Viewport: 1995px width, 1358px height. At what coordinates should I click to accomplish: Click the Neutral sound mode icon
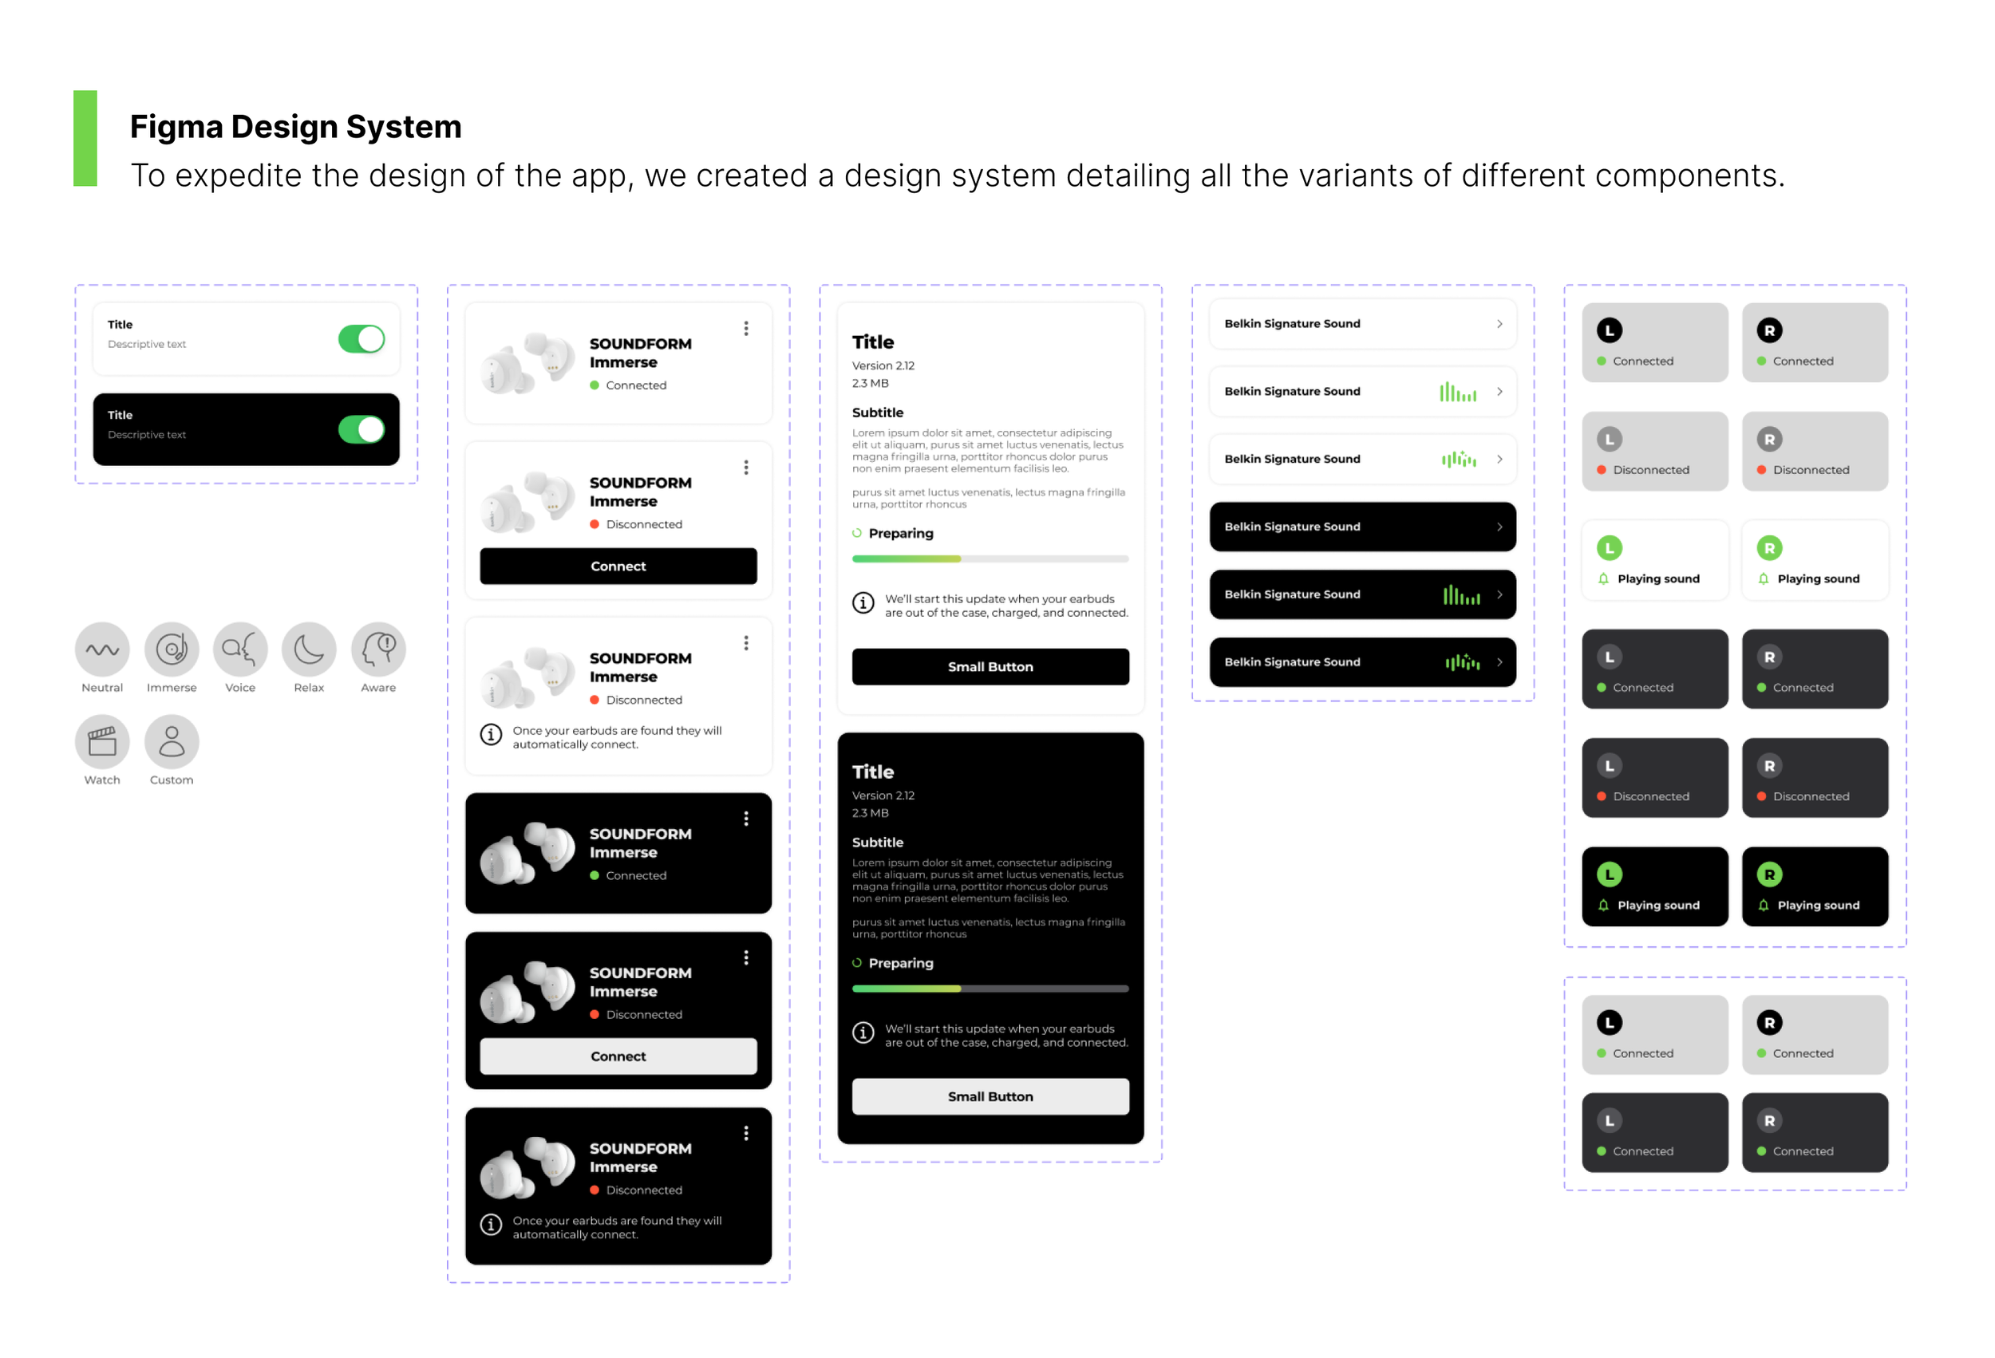tap(102, 649)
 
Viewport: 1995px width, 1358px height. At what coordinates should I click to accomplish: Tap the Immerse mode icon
tap(172, 649)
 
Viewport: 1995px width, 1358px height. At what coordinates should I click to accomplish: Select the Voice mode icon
tap(240, 649)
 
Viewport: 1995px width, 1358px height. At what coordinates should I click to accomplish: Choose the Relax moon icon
tap(309, 649)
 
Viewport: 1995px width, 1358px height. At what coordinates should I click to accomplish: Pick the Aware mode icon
tap(378, 649)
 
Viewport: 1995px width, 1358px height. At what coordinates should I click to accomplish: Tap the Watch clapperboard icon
tap(102, 742)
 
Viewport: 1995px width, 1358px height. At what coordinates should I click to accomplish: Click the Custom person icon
tap(172, 742)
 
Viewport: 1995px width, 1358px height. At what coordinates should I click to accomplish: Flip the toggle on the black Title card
tap(361, 429)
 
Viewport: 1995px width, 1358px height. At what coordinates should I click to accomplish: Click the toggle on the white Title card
tap(361, 339)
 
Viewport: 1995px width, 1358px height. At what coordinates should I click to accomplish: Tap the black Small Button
tap(990, 667)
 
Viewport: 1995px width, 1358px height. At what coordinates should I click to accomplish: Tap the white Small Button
tap(990, 1097)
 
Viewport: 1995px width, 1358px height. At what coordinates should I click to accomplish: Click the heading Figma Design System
tap(296, 127)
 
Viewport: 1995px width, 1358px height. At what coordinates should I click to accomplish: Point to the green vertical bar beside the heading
tap(85, 138)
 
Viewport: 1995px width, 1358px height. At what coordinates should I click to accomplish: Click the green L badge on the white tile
tap(1610, 547)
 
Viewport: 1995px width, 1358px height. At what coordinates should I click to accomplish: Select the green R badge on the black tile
tap(1769, 874)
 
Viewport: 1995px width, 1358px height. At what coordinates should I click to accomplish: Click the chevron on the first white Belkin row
tap(1499, 324)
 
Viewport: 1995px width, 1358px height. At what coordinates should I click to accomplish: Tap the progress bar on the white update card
tap(990, 559)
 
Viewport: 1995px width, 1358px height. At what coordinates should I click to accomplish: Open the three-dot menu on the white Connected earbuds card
tap(746, 329)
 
